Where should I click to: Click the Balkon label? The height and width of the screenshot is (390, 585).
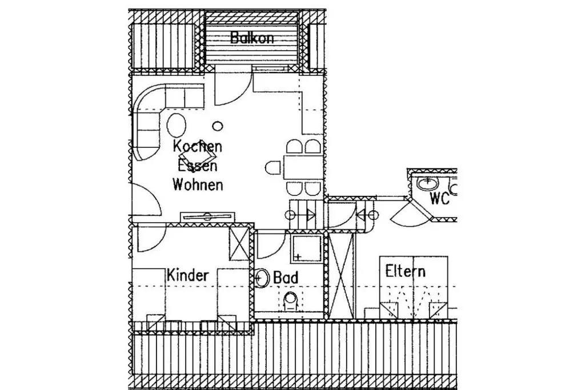[x=252, y=38]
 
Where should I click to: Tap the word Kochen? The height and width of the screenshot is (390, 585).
[x=198, y=146]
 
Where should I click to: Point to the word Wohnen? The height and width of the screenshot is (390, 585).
[x=198, y=185]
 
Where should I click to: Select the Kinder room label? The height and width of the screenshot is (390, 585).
[x=188, y=275]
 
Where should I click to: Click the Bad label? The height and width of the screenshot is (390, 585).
[x=286, y=278]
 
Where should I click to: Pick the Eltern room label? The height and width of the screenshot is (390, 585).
[x=405, y=271]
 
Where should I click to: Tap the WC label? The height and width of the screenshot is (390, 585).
[x=440, y=200]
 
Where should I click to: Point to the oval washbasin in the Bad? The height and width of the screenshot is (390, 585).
[x=263, y=278]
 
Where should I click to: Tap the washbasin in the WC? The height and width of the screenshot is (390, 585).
[x=427, y=183]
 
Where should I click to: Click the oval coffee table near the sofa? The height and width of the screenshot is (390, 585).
[x=177, y=124]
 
